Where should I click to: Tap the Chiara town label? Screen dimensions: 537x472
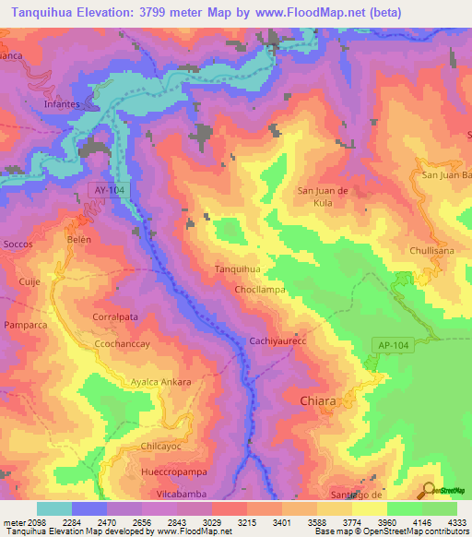point(318,401)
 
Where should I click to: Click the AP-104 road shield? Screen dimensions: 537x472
point(391,344)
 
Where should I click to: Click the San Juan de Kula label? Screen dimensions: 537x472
point(321,196)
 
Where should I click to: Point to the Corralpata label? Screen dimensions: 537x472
point(115,316)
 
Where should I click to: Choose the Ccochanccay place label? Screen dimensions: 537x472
point(121,343)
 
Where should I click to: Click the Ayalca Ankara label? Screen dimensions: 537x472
point(160,382)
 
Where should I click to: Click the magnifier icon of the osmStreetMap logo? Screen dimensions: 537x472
point(428,490)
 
